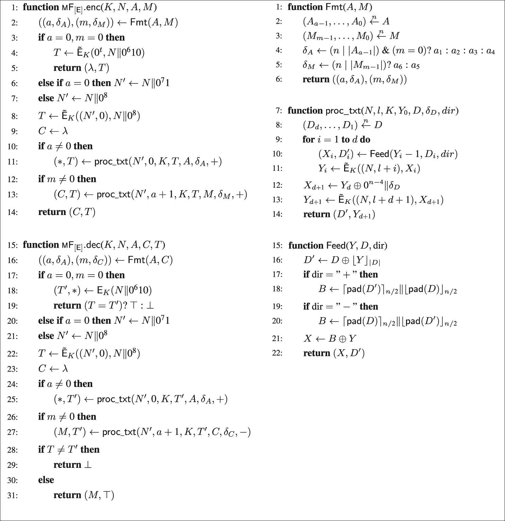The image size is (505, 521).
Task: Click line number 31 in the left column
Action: point(13,495)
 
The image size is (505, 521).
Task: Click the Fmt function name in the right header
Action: point(333,7)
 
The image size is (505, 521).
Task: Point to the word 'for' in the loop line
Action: point(308,140)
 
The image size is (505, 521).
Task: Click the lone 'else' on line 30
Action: point(46,480)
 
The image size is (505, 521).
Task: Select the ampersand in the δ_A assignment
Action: point(385,51)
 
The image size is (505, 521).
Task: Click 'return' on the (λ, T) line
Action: point(67,68)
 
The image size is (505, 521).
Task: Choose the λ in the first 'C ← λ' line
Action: point(65,131)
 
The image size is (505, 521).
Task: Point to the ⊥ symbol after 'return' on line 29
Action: point(88,465)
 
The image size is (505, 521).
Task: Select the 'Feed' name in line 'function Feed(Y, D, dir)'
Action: point(336,246)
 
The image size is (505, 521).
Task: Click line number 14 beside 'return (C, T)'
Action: point(13,212)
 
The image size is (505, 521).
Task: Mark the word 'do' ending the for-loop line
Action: point(365,140)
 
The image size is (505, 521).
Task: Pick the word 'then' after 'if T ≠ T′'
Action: point(90,450)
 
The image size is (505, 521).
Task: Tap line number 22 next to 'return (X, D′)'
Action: point(277,353)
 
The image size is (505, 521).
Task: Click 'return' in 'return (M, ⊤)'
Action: point(67,495)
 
